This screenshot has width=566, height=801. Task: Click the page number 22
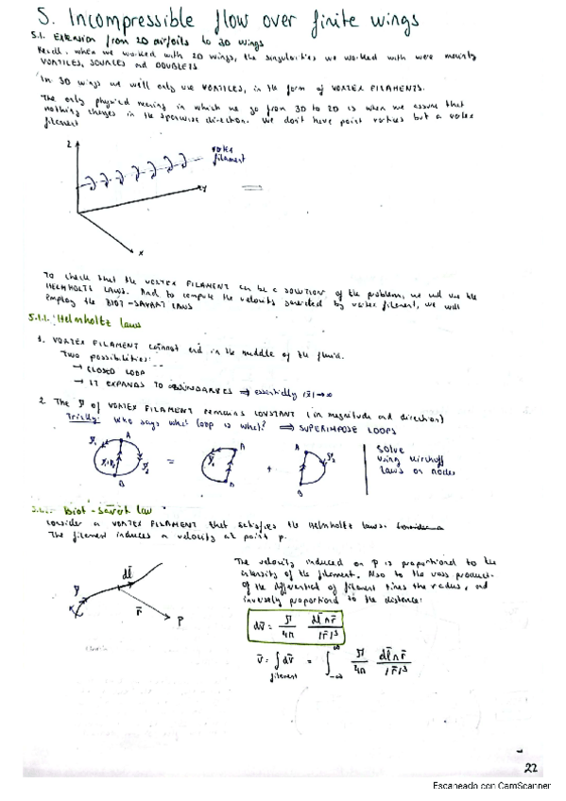tap(531, 770)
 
